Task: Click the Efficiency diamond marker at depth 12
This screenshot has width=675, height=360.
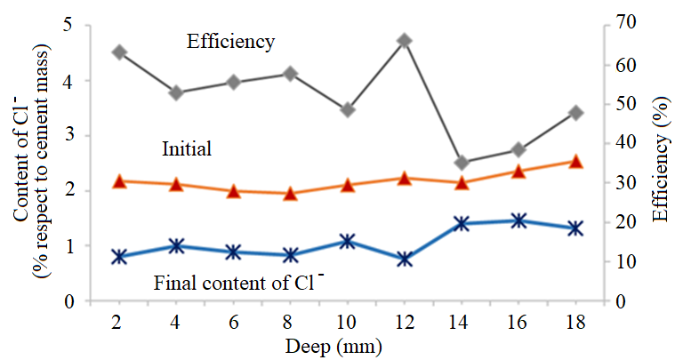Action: pyautogui.click(x=405, y=41)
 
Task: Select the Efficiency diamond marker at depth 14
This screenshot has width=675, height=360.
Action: pyautogui.click(x=462, y=163)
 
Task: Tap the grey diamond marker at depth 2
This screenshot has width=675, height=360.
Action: pyautogui.click(x=118, y=52)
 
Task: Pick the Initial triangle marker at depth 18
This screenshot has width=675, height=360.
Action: pyautogui.click(x=575, y=162)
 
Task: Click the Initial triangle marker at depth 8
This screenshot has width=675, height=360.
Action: pyautogui.click(x=290, y=193)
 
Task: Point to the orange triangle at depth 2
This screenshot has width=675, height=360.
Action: pyautogui.click(x=118, y=181)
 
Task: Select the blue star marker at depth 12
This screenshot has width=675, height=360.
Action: pyautogui.click(x=405, y=259)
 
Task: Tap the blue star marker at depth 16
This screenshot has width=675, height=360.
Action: pyautogui.click(x=518, y=220)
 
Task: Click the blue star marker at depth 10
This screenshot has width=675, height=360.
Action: pyautogui.click(x=348, y=242)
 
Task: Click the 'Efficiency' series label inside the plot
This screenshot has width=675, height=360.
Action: pyautogui.click(x=230, y=42)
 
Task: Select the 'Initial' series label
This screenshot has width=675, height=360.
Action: pyautogui.click(x=187, y=148)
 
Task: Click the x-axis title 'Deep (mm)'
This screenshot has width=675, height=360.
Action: pyautogui.click(x=346, y=345)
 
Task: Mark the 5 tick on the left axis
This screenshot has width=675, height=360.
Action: pyautogui.click(x=68, y=26)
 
